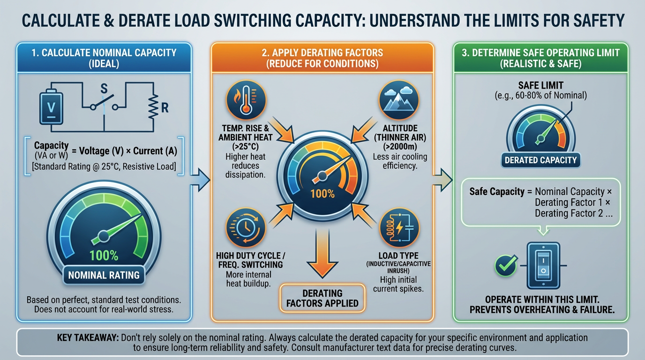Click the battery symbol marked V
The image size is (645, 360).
(52, 106)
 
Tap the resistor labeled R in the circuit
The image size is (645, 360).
(153, 108)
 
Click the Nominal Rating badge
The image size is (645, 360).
(104, 275)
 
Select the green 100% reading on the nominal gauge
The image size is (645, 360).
(104, 255)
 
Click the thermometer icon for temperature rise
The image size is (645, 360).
(246, 100)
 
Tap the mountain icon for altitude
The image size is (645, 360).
(398, 100)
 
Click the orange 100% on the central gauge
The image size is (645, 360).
(322, 193)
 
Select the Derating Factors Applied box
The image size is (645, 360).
(322, 298)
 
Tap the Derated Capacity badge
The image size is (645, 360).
(540, 160)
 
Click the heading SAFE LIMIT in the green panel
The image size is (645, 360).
(540, 86)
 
